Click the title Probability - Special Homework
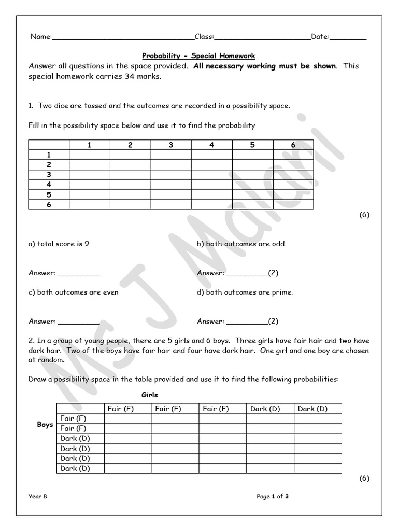coord(199,55)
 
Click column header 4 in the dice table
coord(211,145)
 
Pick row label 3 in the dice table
coord(49,175)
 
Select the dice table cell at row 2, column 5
coord(252,165)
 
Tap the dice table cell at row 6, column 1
coord(89,204)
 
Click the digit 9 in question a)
coord(87,244)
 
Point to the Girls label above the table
coord(150,395)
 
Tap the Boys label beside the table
coord(45,424)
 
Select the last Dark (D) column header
coord(312,409)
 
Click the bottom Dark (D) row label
coord(75,468)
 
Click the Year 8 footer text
coord(38,496)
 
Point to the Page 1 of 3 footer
coord(273,496)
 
